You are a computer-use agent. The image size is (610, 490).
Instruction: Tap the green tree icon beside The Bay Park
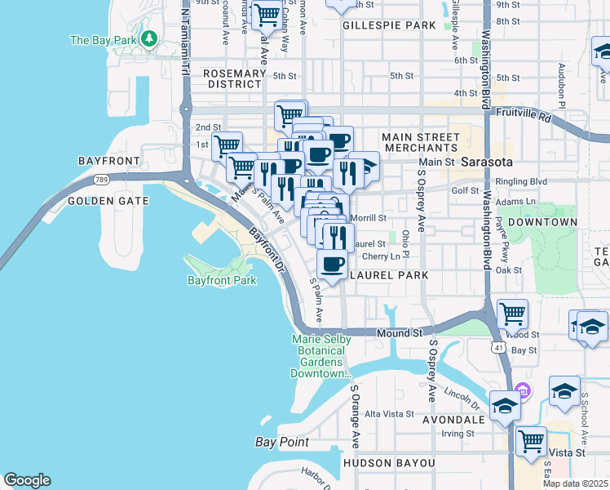tap(149, 38)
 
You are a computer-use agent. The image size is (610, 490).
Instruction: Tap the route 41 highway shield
tap(497, 347)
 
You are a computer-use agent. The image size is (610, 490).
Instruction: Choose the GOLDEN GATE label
tap(108, 200)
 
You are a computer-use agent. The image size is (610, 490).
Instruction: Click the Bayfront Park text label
tap(222, 280)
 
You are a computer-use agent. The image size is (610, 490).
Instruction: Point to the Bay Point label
tap(281, 442)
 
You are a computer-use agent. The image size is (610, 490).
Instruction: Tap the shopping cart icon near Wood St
tap(512, 314)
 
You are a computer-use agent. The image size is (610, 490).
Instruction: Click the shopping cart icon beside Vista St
tap(531, 442)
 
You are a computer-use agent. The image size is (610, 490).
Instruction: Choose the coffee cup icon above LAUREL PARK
tap(332, 264)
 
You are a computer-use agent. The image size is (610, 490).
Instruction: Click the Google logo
tap(27, 480)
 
